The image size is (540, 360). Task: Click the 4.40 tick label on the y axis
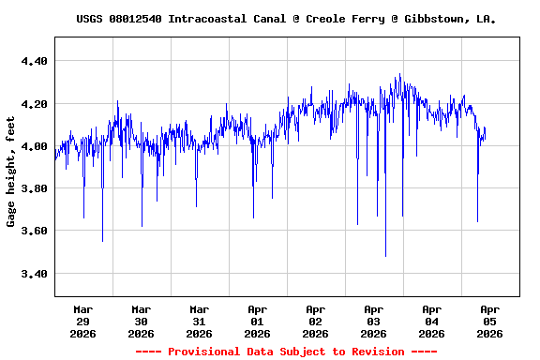click(33, 61)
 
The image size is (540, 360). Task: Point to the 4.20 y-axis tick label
click(33, 103)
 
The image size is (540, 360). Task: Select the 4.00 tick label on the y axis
click(33, 146)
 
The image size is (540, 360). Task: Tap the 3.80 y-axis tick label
click(33, 188)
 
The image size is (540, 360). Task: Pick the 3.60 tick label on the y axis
click(33, 231)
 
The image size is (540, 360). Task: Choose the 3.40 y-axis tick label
click(33, 274)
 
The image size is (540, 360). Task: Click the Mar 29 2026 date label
click(83, 321)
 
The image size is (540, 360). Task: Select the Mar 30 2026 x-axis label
click(142, 321)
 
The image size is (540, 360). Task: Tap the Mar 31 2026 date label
click(200, 321)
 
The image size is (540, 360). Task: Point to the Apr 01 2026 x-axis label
click(258, 321)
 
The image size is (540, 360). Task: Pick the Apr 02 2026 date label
click(316, 321)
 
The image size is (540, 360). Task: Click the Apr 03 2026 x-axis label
click(374, 321)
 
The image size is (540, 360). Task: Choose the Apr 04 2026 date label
click(432, 321)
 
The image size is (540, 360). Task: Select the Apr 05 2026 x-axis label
click(489, 321)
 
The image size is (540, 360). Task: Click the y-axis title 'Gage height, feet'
click(11, 172)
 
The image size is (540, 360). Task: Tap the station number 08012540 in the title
click(137, 19)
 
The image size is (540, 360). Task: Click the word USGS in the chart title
click(90, 19)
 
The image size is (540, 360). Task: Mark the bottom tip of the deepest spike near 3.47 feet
click(385, 256)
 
